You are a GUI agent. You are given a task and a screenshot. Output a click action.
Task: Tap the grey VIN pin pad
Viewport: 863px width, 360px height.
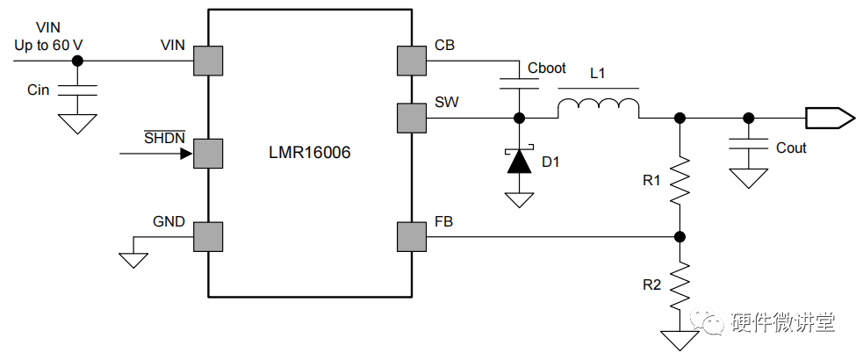(208, 61)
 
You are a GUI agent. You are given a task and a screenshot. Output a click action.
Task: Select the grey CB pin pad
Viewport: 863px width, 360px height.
(411, 61)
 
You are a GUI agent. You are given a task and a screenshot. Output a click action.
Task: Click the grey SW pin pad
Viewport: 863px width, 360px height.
(411, 118)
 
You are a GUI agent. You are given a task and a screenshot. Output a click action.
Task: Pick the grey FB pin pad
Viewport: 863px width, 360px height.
(411, 237)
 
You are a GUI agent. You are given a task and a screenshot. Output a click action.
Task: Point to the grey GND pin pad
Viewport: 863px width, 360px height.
(208, 237)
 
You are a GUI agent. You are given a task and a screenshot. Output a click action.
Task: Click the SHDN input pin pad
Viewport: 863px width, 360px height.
(208, 153)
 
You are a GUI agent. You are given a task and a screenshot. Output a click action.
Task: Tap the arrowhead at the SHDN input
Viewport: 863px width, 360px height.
(187, 153)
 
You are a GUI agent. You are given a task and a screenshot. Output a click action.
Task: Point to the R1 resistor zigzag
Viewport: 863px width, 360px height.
(680, 180)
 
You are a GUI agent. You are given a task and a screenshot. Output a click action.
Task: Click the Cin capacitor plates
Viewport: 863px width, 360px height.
(77, 90)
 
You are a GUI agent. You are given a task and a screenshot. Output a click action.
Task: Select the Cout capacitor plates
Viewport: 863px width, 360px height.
(749, 143)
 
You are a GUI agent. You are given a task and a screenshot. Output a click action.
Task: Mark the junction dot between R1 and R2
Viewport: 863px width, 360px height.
(680, 237)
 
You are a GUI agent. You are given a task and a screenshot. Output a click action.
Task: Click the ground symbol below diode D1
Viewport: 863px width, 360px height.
(519, 200)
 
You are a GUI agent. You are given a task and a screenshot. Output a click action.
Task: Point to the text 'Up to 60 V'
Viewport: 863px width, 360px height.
(49, 45)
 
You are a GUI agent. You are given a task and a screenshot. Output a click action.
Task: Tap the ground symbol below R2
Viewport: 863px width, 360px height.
(680, 340)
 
